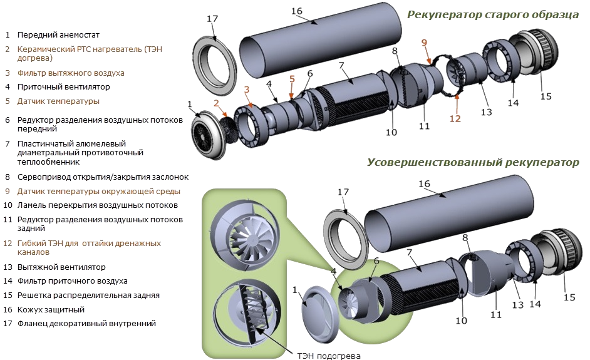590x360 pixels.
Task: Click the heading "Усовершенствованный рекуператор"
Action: click(x=473, y=163)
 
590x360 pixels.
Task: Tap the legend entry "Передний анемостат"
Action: click(x=58, y=35)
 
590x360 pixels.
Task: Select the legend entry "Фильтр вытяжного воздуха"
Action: click(x=70, y=73)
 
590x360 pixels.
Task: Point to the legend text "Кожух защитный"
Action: click(x=51, y=309)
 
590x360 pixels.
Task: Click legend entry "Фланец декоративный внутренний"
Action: click(x=86, y=324)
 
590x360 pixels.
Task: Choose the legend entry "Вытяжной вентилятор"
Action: click(x=61, y=267)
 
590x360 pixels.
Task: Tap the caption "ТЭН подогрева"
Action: click(x=328, y=354)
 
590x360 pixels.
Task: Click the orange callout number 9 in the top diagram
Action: click(x=424, y=43)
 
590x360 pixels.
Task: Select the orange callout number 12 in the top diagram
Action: click(x=455, y=118)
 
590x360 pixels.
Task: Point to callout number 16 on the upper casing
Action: click(x=297, y=11)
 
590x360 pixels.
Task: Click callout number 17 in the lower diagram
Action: click(x=343, y=192)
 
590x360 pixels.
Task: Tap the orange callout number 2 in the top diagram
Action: click(x=216, y=103)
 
